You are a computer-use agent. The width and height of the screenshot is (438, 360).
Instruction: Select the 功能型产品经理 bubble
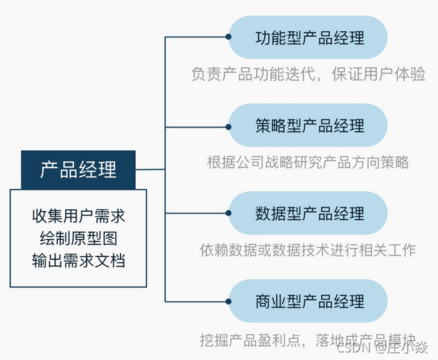click(x=308, y=37)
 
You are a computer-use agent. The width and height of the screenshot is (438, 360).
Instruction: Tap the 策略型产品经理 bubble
click(x=308, y=125)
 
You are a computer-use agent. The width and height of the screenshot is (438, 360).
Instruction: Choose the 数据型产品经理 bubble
click(x=308, y=213)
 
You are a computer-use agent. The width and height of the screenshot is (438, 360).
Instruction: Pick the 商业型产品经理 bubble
click(x=308, y=301)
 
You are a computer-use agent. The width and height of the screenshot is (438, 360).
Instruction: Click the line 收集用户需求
click(x=78, y=216)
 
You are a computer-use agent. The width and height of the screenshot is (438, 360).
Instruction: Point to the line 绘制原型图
click(x=78, y=239)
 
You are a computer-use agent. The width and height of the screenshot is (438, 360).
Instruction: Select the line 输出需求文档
click(x=78, y=261)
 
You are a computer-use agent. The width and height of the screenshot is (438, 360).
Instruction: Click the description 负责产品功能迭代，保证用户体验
click(x=308, y=74)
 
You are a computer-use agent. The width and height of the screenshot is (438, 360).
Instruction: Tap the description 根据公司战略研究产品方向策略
click(x=308, y=163)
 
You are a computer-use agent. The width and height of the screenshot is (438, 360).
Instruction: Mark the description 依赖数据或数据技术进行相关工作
click(x=308, y=250)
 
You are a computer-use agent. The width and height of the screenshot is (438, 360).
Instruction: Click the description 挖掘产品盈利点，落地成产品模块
click(x=305, y=341)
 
